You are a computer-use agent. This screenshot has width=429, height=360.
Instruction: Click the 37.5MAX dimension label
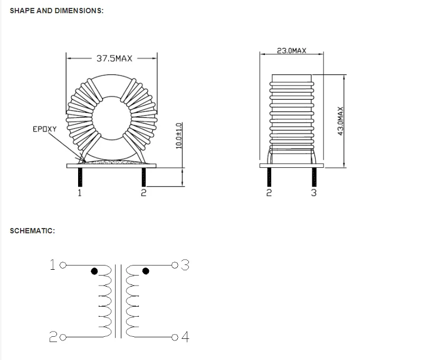(x=114, y=58)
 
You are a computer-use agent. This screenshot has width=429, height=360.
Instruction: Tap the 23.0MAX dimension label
(x=291, y=51)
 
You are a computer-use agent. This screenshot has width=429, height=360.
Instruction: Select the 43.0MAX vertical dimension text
(x=340, y=120)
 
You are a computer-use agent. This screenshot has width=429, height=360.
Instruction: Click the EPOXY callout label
(x=44, y=128)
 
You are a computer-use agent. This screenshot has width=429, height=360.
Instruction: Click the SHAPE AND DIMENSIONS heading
(x=56, y=11)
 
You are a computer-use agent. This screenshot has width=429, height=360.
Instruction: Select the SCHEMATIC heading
(x=33, y=231)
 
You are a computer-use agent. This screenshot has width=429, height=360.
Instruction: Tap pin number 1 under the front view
(x=79, y=193)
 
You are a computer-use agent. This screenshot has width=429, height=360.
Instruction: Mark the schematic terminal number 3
(x=185, y=264)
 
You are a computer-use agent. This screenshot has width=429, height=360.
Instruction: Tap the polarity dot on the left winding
(x=94, y=271)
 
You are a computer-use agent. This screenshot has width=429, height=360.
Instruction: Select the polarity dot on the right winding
(x=146, y=271)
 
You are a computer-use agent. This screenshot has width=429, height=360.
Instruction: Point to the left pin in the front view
(x=80, y=176)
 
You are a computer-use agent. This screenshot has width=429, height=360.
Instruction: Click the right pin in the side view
(x=314, y=176)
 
